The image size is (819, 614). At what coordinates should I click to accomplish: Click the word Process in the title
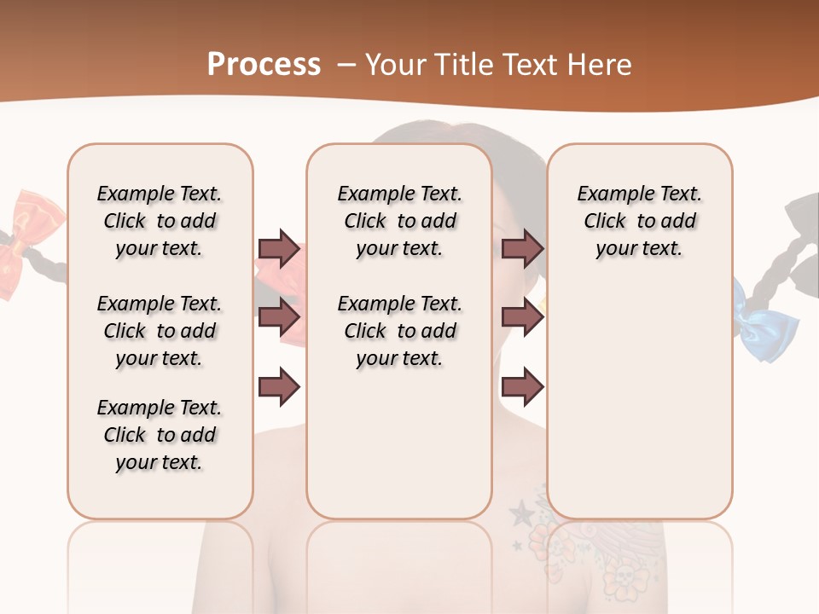[264, 65]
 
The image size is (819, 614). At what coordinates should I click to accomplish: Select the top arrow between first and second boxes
[279, 249]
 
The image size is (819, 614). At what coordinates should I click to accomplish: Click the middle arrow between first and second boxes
[279, 318]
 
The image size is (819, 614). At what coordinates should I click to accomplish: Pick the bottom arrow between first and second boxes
[279, 387]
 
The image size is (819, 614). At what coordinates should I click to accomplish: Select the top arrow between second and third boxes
[522, 249]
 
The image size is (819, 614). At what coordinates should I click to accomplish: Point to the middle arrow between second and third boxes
[522, 318]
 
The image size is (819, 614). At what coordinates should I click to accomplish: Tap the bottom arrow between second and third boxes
[522, 387]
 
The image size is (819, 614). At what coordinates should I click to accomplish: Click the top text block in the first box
[160, 221]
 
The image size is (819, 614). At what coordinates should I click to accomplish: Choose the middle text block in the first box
[160, 331]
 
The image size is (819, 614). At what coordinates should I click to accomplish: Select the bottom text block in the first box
[160, 435]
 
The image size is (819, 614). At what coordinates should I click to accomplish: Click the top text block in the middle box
[399, 221]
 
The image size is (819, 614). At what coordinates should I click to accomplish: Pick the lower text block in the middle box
[399, 331]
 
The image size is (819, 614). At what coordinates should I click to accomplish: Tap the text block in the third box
[639, 221]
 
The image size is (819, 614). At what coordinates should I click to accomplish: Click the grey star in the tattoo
[520, 513]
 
